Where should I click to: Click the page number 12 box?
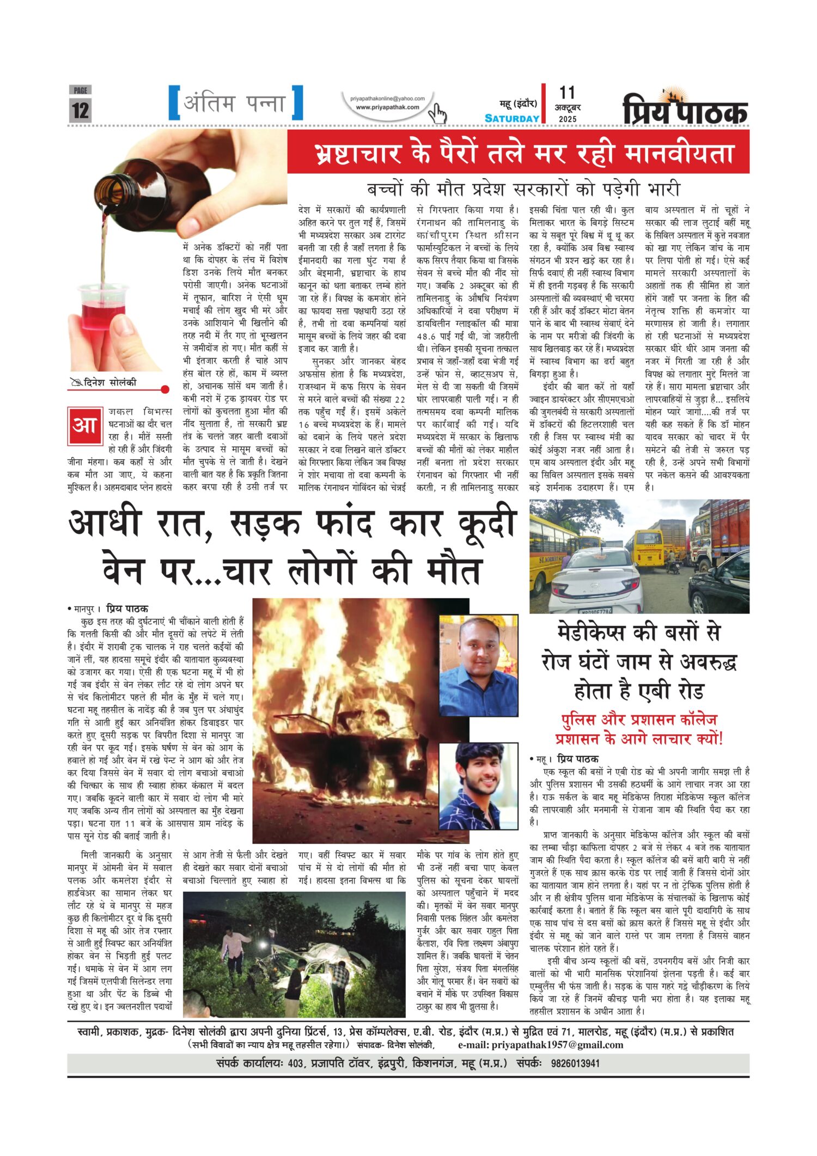click(x=80, y=109)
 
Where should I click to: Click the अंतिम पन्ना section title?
click(x=235, y=103)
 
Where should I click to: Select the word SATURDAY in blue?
click(x=512, y=118)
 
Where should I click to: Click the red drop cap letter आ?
click(x=85, y=424)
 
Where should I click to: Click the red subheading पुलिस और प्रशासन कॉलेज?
click(x=639, y=719)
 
